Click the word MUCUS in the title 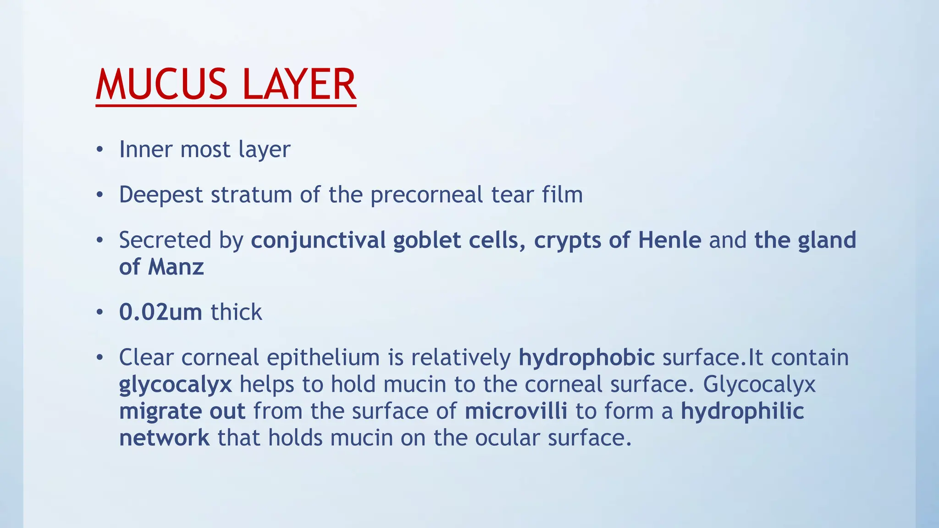click(x=161, y=84)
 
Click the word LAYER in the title click(x=299, y=84)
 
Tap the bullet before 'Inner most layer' click(x=99, y=150)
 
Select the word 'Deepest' click(x=160, y=195)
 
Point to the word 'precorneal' click(x=426, y=195)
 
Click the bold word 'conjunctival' click(x=318, y=241)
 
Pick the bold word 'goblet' click(x=426, y=241)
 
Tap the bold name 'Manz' click(x=176, y=267)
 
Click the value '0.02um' click(x=160, y=313)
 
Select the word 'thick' click(x=236, y=313)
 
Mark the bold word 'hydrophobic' click(x=586, y=358)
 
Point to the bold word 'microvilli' click(x=516, y=411)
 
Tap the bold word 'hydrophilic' click(x=742, y=411)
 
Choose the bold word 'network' click(x=164, y=438)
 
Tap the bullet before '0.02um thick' click(x=99, y=313)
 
